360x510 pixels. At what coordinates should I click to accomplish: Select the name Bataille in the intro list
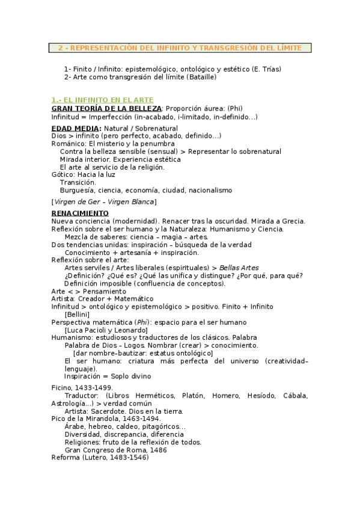[x=200, y=77]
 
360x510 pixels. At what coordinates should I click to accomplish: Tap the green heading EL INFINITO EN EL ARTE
[x=109, y=100]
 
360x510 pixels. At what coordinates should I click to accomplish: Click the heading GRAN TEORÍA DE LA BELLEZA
[x=106, y=108]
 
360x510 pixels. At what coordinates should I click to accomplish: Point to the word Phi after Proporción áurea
[x=234, y=108]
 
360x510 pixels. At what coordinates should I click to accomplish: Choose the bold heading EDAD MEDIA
[x=76, y=129]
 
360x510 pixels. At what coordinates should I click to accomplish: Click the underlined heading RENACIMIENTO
[x=80, y=213]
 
